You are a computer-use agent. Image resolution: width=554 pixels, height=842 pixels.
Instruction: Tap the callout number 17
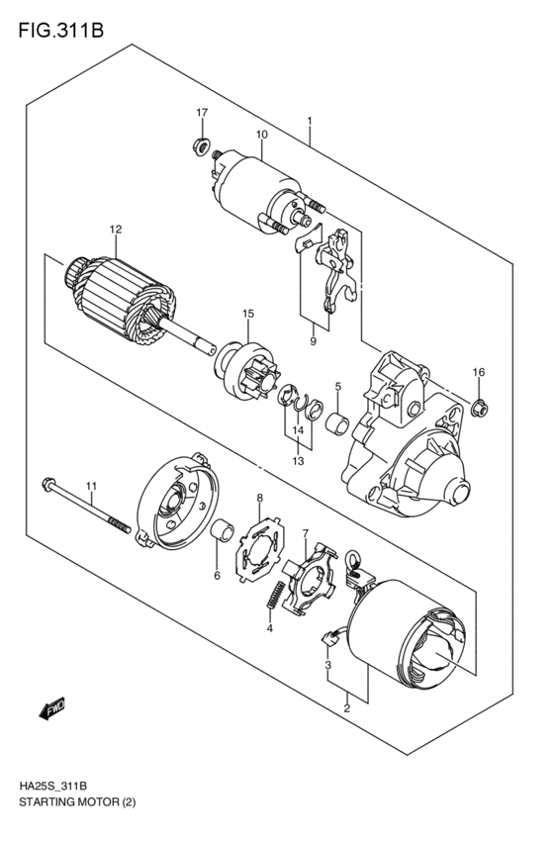(201, 112)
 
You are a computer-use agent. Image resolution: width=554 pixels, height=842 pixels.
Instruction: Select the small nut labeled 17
(199, 148)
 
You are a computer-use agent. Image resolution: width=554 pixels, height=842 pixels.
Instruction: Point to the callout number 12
(116, 230)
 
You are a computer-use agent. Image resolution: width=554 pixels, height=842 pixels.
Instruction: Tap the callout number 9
(312, 342)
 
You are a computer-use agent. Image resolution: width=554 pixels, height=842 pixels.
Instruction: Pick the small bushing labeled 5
(338, 425)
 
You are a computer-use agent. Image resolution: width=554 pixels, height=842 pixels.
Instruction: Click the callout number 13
(297, 460)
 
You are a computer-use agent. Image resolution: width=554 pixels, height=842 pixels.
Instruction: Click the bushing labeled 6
(223, 536)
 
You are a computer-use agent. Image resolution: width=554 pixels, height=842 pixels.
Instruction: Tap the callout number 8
(259, 497)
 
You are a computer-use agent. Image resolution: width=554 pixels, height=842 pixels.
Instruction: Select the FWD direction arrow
(52, 707)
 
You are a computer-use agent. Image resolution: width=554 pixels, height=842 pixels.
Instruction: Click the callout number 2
(347, 708)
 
